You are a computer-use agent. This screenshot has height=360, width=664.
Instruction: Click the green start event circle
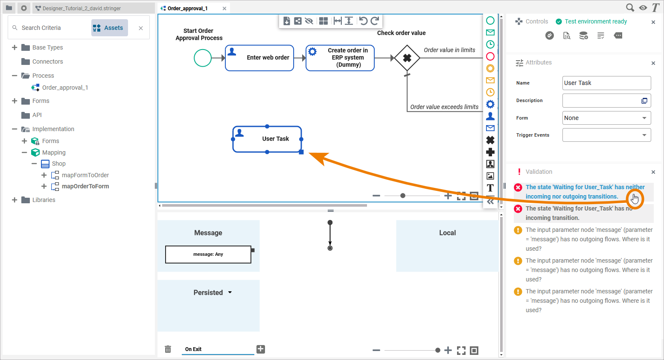point(203,58)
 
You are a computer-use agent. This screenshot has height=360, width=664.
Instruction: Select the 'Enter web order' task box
point(259,58)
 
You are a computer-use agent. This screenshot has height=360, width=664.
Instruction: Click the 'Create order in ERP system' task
point(340,58)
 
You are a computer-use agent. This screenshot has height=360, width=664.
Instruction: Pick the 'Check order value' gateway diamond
point(407,58)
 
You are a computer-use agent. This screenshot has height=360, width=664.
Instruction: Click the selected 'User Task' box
point(267,139)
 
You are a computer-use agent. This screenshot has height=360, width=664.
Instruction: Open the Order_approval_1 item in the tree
point(65,88)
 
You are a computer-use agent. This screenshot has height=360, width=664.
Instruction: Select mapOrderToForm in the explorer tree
point(85,186)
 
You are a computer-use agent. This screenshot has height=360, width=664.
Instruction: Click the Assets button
point(110,28)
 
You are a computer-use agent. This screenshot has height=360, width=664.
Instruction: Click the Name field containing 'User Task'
point(606,83)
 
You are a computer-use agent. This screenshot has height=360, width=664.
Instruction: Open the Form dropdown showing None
point(606,118)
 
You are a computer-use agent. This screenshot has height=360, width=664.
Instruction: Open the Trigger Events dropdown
point(606,135)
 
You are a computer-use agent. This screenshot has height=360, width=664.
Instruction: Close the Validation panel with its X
point(653,172)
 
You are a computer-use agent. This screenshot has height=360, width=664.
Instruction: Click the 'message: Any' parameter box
point(208,255)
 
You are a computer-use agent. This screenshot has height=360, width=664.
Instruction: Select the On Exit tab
point(193,349)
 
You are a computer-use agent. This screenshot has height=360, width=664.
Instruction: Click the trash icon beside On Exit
point(168,349)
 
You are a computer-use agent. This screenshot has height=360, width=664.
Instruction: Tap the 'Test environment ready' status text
point(596,21)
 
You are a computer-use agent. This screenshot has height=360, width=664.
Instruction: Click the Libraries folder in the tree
point(44,200)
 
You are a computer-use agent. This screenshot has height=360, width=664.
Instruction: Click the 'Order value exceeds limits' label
point(444,107)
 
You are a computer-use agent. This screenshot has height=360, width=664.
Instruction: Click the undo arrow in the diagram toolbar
point(363,21)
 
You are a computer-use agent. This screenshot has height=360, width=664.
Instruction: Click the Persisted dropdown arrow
point(230,293)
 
